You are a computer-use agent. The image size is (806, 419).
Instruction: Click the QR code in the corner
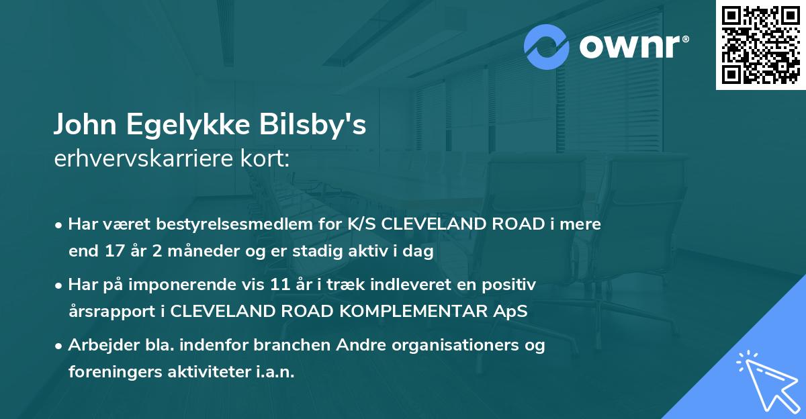760,45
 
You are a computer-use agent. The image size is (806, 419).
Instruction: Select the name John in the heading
80,126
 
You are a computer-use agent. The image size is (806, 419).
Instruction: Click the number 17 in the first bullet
111,252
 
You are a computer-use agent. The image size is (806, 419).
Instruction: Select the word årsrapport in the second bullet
116,312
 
